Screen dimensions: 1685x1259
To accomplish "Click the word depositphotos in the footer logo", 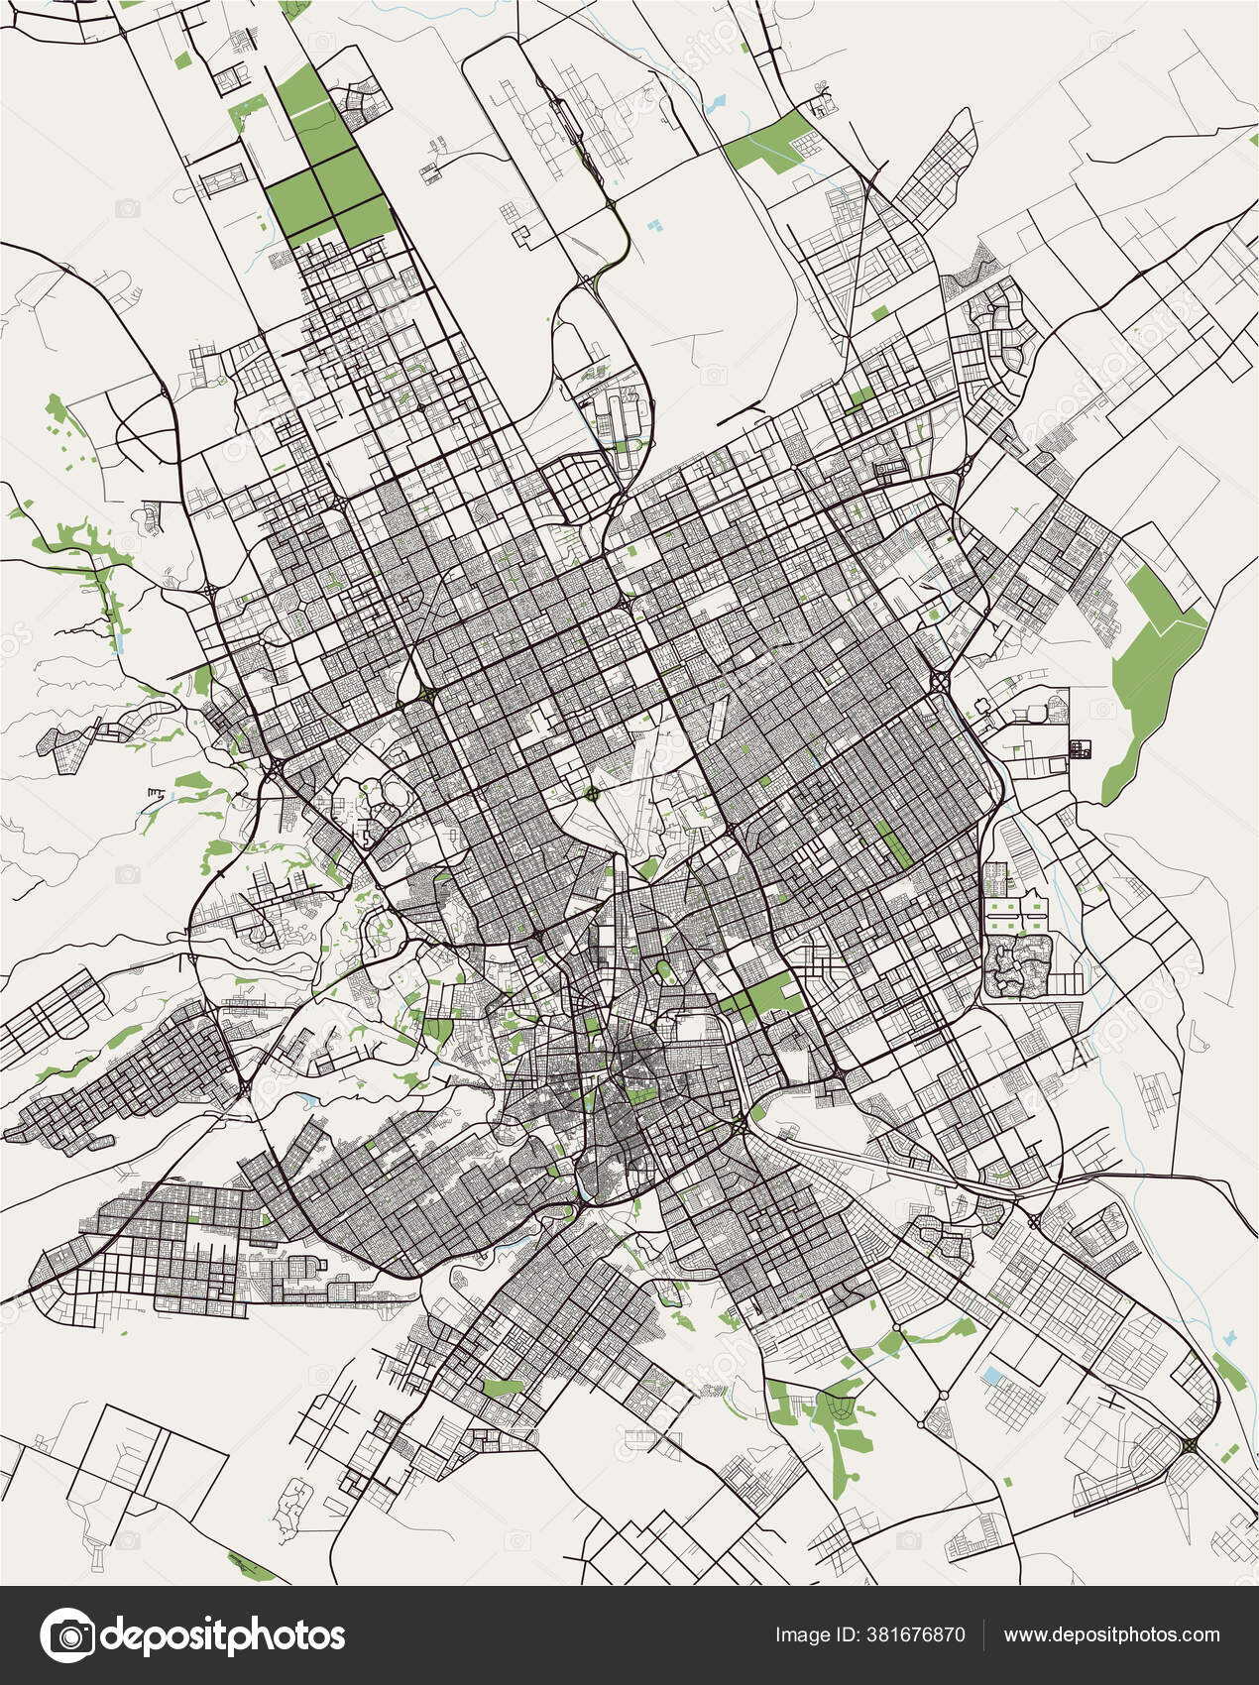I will click(x=224, y=1635).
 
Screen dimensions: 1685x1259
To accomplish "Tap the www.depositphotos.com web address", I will click(x=1111, y=1635).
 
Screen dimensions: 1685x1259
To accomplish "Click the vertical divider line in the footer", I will click(x=983, y=1635).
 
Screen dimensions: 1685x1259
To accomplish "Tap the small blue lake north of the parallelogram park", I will click(x=717, y=102).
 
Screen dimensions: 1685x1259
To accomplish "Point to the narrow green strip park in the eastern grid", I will click(x=897, y=842).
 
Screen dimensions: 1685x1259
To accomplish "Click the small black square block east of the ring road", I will click(x=1079, y=750).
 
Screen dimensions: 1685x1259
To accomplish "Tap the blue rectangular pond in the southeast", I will click(x=992, y=1376).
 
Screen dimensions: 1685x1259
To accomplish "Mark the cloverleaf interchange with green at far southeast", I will click(x=1189, y=1446).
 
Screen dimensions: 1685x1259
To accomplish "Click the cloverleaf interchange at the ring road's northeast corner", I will click(x=939, y=681).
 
